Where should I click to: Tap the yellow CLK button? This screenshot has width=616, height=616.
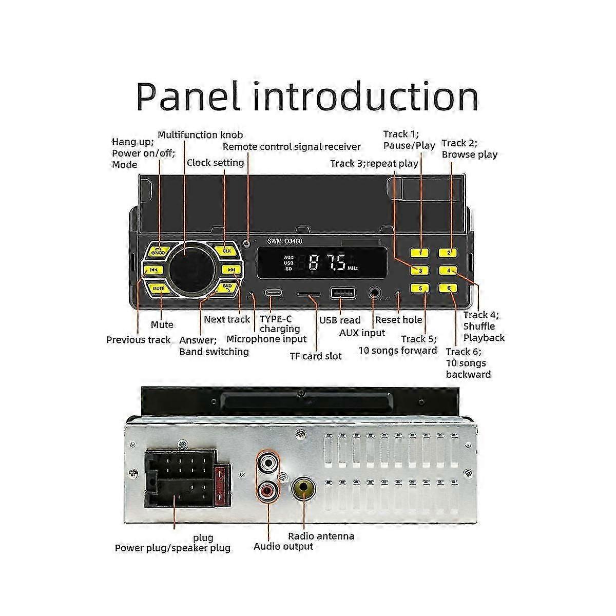[227, 251]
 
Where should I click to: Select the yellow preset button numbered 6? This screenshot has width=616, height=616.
[449, 288]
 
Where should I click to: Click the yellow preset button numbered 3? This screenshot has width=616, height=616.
[420, 271]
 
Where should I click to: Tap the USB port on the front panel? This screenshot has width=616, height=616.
[342, 293]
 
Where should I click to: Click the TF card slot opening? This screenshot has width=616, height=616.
[309, 295]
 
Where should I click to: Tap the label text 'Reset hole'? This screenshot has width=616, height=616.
[398, 320]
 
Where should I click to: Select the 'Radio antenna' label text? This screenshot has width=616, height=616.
[321, 536]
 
